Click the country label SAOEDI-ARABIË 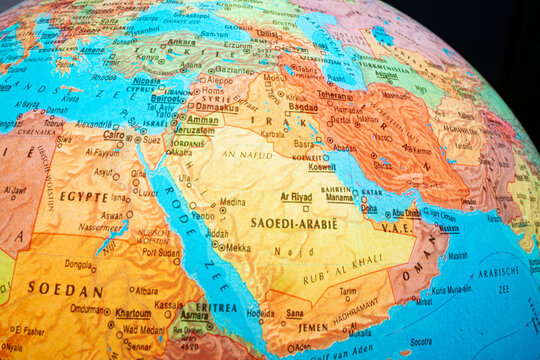[x=294, y=223]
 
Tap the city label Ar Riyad [x=296, y=197]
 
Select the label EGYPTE [x=83, y=197]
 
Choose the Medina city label [x=232, y=201]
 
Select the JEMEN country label [x=312, y=327]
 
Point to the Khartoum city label [x=133, y=312]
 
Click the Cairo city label [x=114, y=134]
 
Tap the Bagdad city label [x=303, y=106]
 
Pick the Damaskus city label [x=217, y=106]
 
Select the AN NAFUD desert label [x=246, y=155]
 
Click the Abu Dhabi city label [x=405, y=212]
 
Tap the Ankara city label [x=181, y=42]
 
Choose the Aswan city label [x=112, y=215]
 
